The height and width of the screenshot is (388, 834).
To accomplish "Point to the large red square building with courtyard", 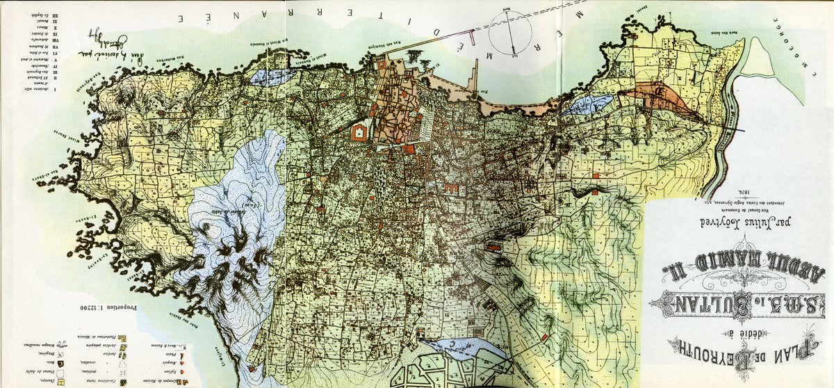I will (x=360, y=131).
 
